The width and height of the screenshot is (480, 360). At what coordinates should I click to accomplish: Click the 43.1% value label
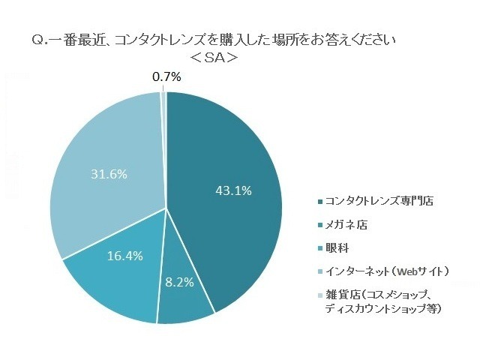point(233,190)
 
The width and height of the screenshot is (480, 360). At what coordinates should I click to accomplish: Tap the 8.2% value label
point(179,283)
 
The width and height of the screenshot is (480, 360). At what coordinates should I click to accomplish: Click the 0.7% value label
point(166,76)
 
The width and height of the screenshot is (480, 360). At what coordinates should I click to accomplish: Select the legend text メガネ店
point(346,224)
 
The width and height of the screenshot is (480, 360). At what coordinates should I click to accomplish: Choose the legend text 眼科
point(336,247)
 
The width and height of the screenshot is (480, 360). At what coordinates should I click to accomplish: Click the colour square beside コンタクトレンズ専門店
point(320,202)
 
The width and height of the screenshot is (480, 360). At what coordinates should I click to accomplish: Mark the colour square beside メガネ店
point(320,225)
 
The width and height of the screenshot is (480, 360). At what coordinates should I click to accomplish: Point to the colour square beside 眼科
point(320,247)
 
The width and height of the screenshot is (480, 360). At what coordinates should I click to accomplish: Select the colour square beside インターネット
point(320,271)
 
